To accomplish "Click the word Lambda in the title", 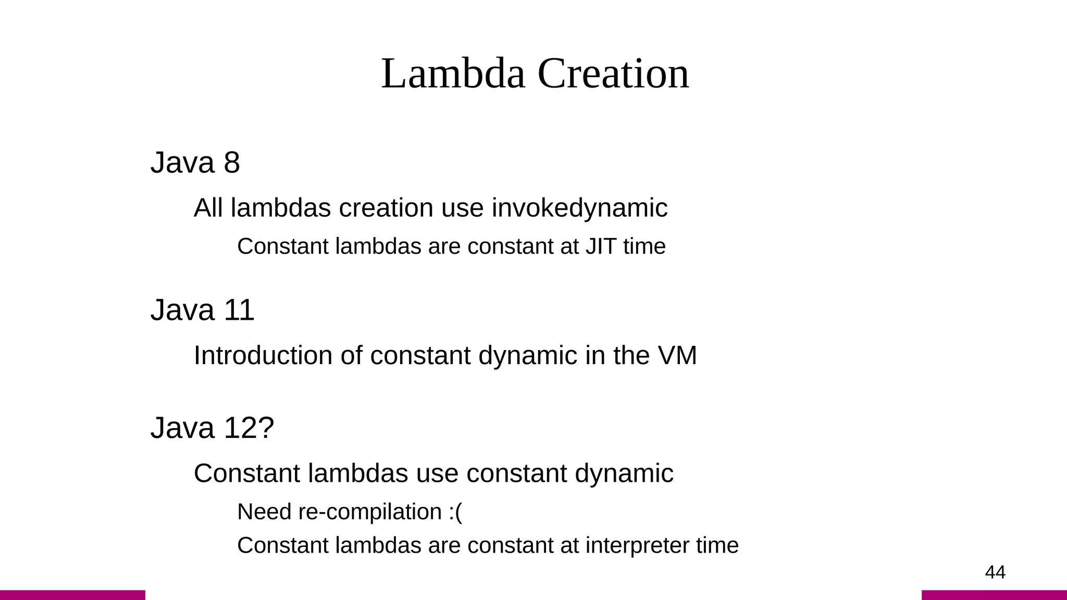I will click(x=453, y=73).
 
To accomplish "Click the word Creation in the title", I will click(x=613, y=73).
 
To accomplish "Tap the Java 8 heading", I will click(x=195, y=162).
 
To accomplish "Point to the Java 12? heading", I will click(x=212, y=428).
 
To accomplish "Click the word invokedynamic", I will click(x=579, y=208).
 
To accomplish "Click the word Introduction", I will click(x=263, y=356).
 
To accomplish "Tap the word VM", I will click(x=677, y=356).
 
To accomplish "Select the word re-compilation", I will click(x=370, y=512).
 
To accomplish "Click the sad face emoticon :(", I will click(x=455, y=512).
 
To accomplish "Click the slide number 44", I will click(x=995, y=572).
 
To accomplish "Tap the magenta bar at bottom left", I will click(x=72, y=595).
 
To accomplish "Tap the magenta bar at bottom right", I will click(x=994, y=595).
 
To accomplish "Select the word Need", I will click(x=264, y=512).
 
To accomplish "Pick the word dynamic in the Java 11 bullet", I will click(x=527, y=356).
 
